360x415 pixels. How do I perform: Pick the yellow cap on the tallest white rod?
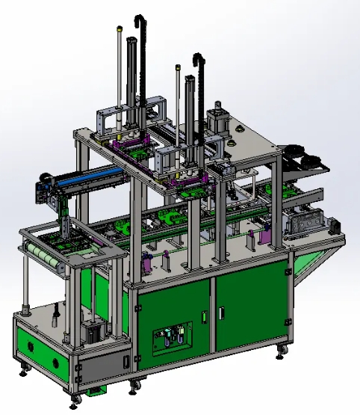point(120,29)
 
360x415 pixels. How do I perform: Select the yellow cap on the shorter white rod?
point(178,68)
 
